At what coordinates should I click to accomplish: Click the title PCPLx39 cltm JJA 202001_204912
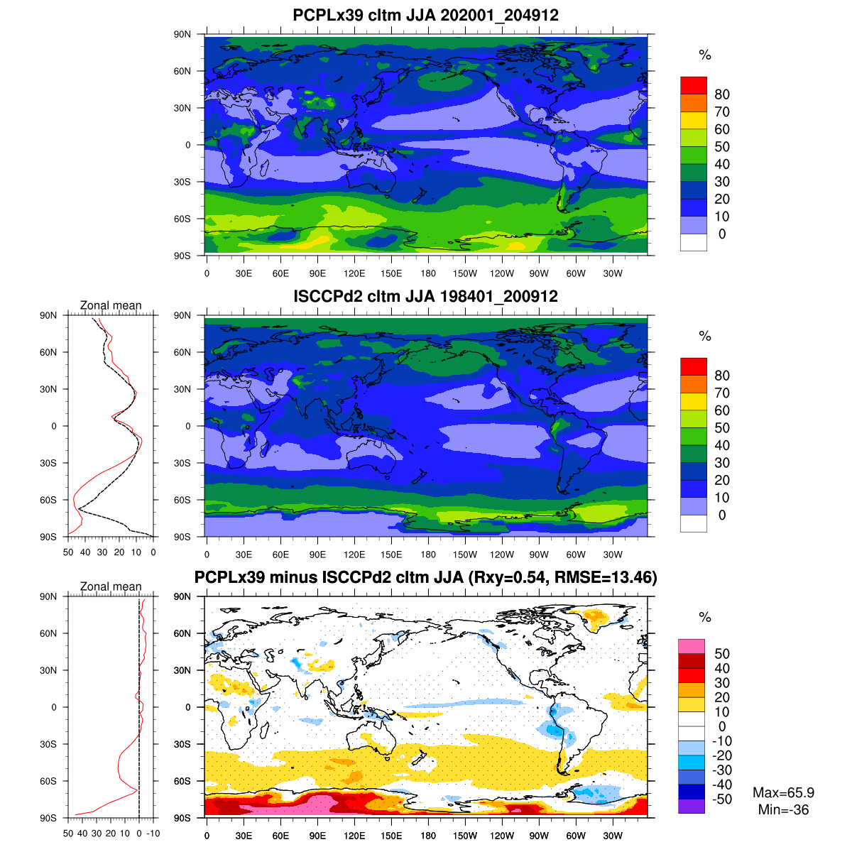[425, 15]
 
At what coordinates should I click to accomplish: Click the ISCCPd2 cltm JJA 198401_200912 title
[425, 296]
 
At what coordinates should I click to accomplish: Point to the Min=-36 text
[783, 809]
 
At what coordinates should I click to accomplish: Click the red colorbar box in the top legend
[694, 85]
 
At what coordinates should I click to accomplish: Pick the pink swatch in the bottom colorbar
[692, 646]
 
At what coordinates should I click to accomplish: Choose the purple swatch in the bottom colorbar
[692, 806]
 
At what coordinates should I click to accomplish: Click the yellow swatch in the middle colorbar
[694, 401]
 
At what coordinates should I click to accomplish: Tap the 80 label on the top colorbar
[722, 94]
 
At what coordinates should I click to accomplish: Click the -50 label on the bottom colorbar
[722, 799]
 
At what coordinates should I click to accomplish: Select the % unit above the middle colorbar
[704, 337]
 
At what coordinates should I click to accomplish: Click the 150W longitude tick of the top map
[465, 274]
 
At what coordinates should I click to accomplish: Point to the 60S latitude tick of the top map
[183, 219]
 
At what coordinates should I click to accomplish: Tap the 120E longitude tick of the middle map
[354, 555]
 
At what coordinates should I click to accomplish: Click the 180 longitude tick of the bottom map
[428, 836]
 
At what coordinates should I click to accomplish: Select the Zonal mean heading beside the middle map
[111, 305]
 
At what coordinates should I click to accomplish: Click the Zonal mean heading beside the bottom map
[111, 586]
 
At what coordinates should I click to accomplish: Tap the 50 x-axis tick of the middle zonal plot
[68, 552]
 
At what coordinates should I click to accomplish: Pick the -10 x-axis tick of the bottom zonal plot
[153, 834]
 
